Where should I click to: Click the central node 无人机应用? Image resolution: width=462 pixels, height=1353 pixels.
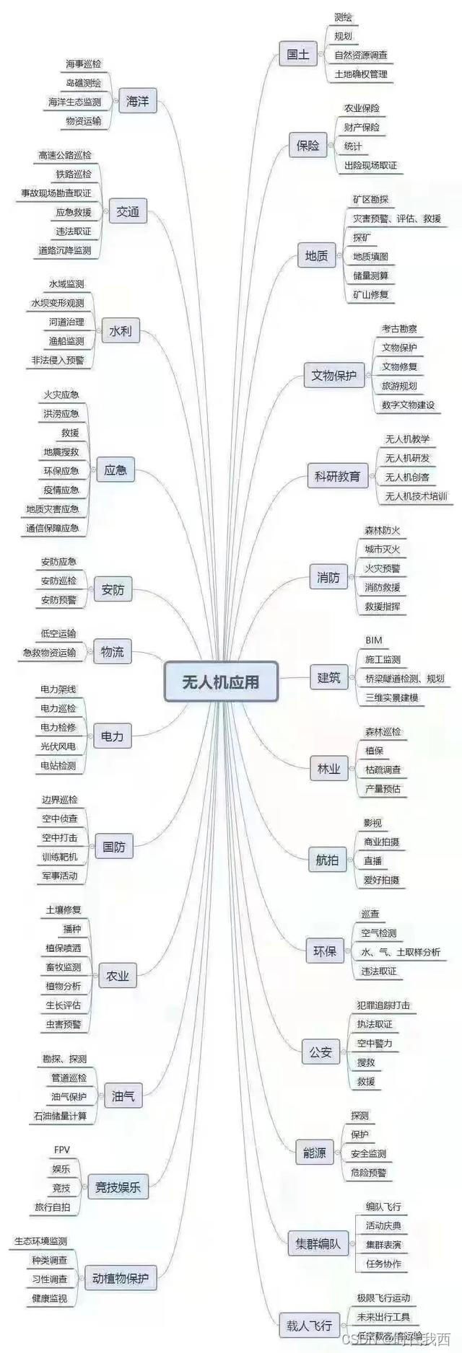pos(221,682)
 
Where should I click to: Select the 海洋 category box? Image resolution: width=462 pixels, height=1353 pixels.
pos(137,102)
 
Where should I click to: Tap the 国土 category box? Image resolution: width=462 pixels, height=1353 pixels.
pos(297,54)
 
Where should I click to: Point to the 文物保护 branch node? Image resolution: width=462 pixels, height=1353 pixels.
pos(334,375)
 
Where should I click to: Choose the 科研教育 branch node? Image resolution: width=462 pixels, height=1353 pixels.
pos(337,476)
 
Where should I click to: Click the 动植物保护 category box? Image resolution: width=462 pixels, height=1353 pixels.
pos(121,1279)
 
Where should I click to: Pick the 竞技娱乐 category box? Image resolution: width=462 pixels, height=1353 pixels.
pos(118,1186)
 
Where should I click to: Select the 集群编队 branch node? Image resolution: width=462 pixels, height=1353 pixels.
pos(317,1244)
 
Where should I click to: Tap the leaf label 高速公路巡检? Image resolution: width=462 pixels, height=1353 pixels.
pos(65,155)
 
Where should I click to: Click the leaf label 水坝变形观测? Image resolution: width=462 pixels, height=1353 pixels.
pos(57,303)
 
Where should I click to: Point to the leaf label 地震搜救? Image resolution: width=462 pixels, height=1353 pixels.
pos(61,451)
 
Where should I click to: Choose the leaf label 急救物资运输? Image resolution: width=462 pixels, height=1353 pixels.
pos(49,653)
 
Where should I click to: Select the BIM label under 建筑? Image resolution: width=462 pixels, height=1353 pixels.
pos(373,640)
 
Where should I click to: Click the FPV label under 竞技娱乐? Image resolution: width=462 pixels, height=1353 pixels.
pos(62,1150)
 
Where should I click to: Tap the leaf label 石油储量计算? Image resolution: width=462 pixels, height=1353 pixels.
pos(59,1116)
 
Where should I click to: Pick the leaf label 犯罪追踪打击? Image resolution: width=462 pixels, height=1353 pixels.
pos(383,1005)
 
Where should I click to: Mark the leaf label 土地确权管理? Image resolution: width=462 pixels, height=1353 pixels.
pos(361,74)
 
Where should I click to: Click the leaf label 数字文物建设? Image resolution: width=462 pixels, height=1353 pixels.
pos(408,405)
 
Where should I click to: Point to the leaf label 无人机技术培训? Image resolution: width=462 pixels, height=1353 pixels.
pos(416,496)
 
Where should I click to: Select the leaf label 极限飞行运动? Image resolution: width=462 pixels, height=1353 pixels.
pos(383,1297)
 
